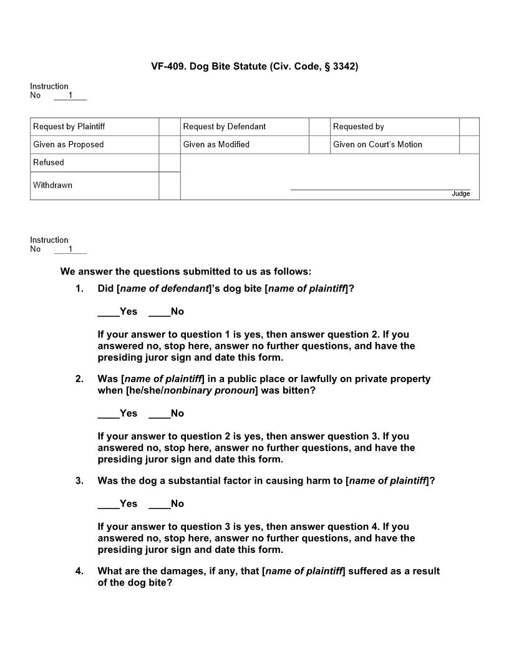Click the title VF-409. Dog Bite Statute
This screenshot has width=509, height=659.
pyautogui.click(x=254, y=66)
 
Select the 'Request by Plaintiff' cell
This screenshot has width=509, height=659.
pyautogui.click(x=69, y=127)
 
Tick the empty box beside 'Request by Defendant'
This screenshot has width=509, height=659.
pyautogui.click(x=319, y=127)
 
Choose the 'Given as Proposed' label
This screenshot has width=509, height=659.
pyautogui.click(x=69, y=145)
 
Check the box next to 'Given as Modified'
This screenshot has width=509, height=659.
pyautogui.click(x=319, y=145)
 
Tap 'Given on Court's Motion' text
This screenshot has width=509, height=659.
pyautogui.click(x=377, y=145)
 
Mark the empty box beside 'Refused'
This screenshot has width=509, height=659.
pyautogui.click(x=169, y=163)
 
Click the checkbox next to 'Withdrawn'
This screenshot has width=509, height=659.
pyautogui.click(x=169, y=185)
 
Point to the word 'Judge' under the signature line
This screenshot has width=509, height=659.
pyautogui.click(x=460, y=194)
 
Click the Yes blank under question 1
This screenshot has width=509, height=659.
pyautogui.click(x=108, y=312)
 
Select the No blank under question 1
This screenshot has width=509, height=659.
pyautogui.click(x=159, y=312)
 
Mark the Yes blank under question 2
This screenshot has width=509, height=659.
pyautogui.click(x=108, y=414)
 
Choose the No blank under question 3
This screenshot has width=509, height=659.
pyautogui.click(x=159, y=504)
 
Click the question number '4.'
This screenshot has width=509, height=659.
pyautogui.click(x=79, y=571)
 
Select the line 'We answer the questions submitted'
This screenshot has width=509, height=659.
pyautogui.click(x=185, y=271)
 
